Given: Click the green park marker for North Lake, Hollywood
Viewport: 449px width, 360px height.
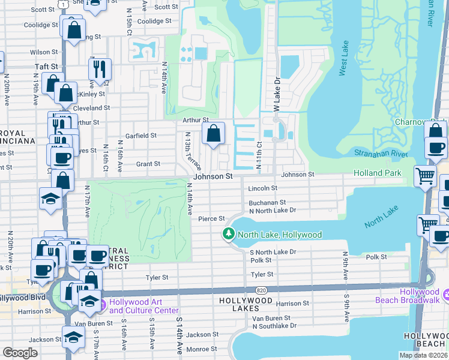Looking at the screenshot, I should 228,235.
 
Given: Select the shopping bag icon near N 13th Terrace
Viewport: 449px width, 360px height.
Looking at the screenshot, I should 213,134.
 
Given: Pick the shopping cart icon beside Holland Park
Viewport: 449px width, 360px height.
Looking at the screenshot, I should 425,176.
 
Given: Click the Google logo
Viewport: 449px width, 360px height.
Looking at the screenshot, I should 20,353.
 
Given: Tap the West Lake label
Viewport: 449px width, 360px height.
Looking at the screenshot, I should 344,67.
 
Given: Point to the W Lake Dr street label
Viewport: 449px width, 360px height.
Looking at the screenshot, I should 277,90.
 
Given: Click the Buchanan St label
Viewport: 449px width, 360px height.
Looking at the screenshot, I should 267,203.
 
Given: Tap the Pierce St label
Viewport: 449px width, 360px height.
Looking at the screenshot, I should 211,218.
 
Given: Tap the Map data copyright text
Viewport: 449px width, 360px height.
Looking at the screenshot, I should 423,355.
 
